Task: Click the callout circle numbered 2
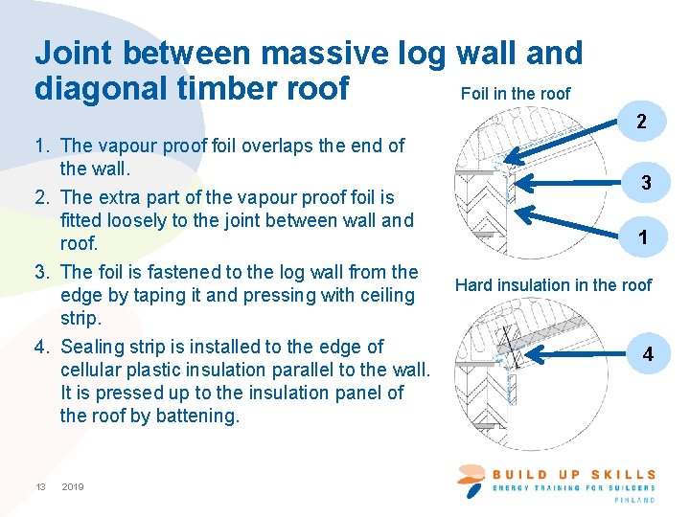[642, 123]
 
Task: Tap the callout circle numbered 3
[647, 182]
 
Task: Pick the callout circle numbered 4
[648, 354]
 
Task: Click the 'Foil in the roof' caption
[515, 94]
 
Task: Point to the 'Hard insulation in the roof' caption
[553, 285]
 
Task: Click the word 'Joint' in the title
[80, 53]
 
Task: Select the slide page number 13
[40, 487]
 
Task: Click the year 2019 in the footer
[73, 487]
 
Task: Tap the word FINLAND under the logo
[634, 500]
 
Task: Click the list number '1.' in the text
[43, 146]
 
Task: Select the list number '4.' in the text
[43, 347]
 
